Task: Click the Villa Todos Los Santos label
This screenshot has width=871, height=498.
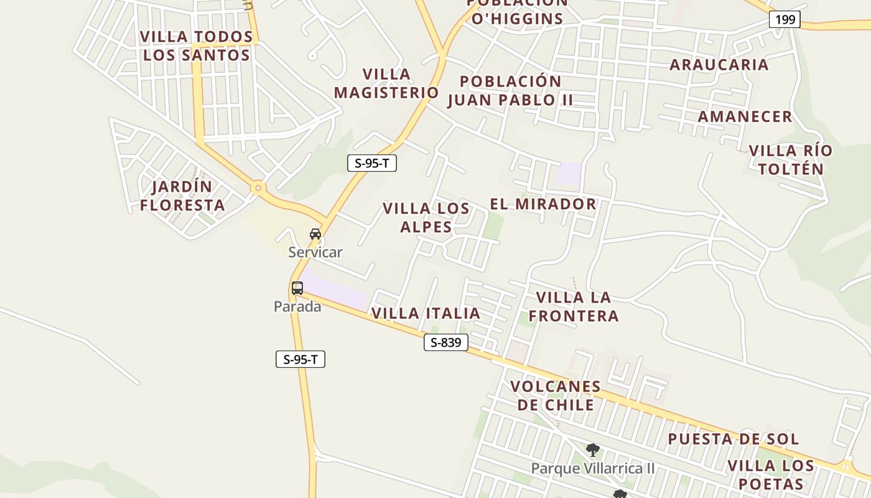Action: tap(197, 46)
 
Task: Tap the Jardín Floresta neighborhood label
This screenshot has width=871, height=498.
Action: tap(182, 195)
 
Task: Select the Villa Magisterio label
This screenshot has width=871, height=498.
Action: tap(386, 83)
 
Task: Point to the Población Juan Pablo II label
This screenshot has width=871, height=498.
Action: tap(510, 91)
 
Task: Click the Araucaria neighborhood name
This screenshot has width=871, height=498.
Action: tap(719, 65)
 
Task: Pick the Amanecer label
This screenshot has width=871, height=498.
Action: tap(745, 116)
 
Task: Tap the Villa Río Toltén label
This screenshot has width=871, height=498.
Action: tap(790, 160)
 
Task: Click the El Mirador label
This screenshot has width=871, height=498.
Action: tap(543, 204)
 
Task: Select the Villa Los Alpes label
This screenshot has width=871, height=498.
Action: tap(426, 217)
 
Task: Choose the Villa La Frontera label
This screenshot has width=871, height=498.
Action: tap(574, 307)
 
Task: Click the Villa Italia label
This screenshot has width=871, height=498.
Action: tap(426, 313)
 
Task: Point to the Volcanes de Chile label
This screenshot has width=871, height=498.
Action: tap(556, 395)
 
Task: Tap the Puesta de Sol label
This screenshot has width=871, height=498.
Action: tap(734, 439)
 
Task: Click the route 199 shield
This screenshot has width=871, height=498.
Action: tap(785, 19)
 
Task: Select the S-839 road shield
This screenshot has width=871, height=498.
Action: tap(446, 342)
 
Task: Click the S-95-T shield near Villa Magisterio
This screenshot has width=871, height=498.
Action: tap(371, 164)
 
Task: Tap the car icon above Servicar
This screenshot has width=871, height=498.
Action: tap(315, 234)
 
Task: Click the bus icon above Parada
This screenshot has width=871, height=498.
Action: tap(297, 288)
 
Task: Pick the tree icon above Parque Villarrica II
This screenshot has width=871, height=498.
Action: tap(592, 449)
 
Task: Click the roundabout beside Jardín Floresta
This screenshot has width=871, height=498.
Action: tap(258, 187)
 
